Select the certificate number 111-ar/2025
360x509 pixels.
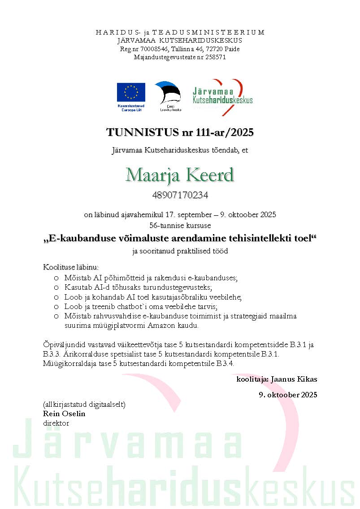point(222,132)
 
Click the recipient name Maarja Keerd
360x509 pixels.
point(180,175)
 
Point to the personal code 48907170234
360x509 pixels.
point(180,196)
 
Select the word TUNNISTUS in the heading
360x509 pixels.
point(134,132)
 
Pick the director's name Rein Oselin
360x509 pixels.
point(64,413)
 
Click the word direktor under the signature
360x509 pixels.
point(56,422)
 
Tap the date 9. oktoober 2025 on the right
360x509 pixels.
point(288,395)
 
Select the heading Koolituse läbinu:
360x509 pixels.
point(70,267)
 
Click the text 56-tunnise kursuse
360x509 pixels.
point(180,225)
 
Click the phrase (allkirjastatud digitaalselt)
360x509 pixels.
point(84,405)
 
